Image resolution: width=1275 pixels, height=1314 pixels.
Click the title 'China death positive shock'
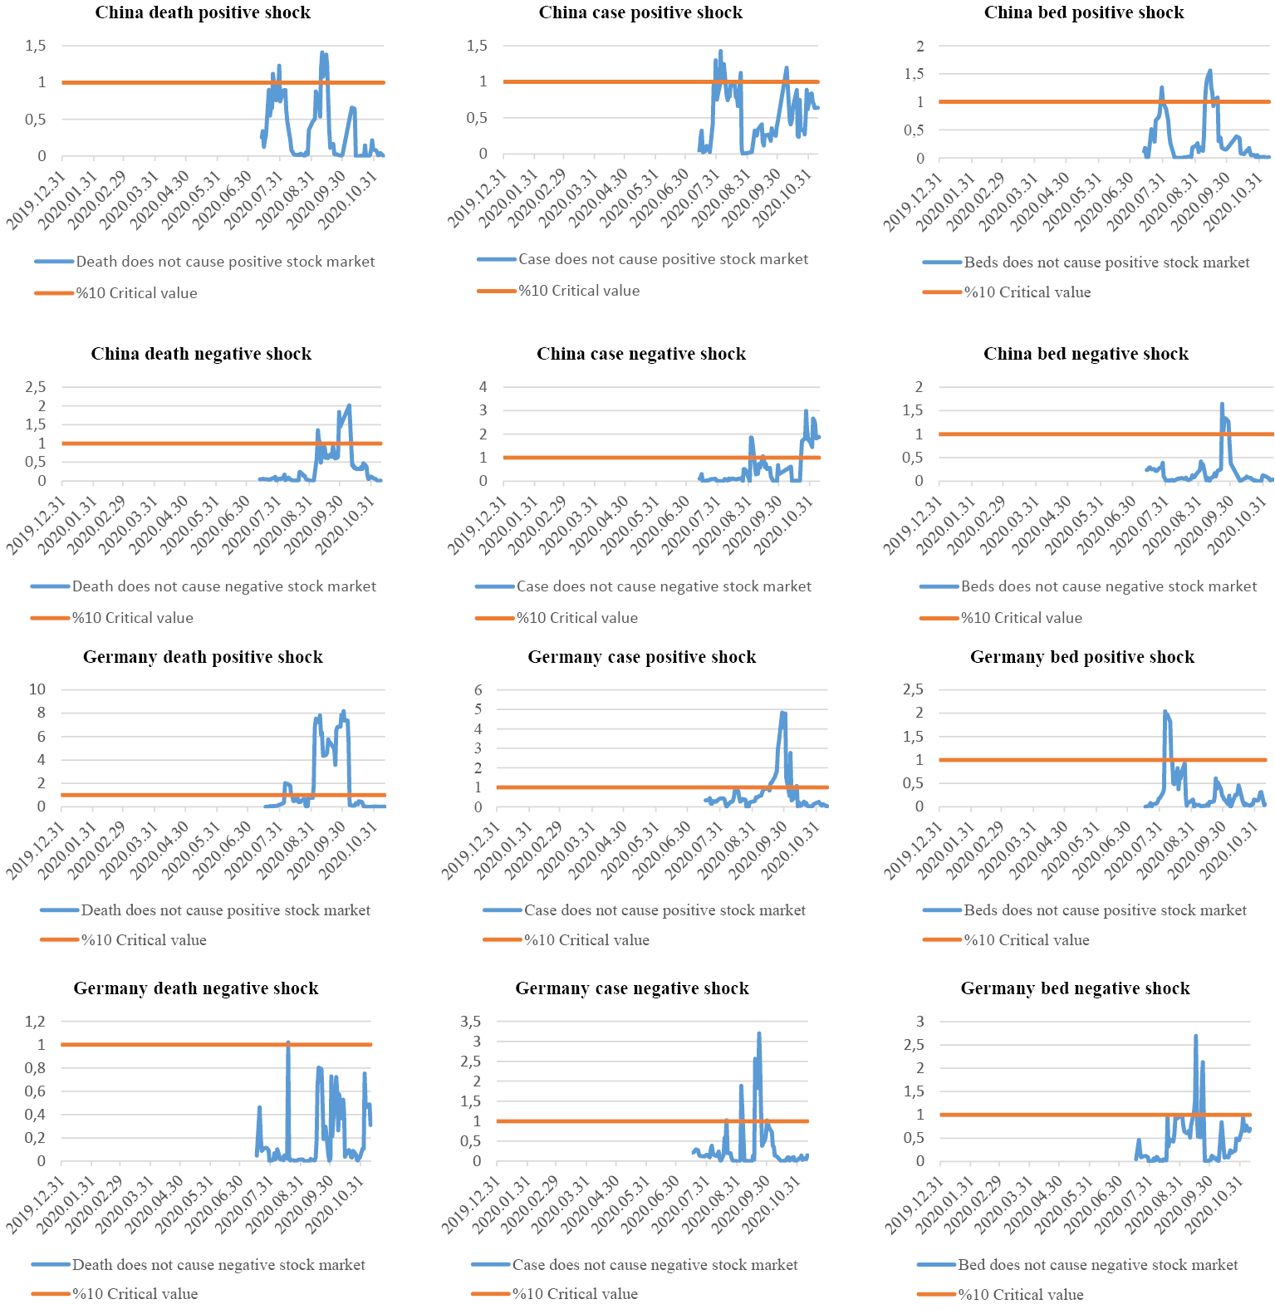pos(203,12)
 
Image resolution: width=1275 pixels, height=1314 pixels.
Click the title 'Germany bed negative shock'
pos(1075,988)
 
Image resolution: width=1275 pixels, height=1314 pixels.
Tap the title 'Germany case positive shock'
pos(641,657)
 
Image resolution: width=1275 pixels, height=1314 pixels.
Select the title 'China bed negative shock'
pos(1085,354)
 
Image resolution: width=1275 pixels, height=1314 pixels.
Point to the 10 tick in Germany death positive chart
pos(37,689)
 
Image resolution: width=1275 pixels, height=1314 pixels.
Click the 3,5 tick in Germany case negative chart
pos(471,1022)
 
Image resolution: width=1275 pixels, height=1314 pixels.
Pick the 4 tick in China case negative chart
pos(483,386)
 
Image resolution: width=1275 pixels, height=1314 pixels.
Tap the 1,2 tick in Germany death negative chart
pos(35,1022)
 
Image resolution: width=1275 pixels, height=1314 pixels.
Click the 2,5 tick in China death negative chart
pos(35,386)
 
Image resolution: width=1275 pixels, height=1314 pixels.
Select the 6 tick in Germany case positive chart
pos(478,689)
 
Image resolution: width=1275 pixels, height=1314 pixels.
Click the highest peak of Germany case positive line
pos(782,713)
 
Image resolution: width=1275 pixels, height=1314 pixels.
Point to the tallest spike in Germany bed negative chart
pos(1195,1037)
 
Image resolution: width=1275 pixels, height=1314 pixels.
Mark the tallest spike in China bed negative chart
pos(1222,404)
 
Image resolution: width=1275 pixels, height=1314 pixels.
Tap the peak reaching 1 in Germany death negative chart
pos(287,1043)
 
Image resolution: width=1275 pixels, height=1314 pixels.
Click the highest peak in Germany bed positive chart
pos(1165,712)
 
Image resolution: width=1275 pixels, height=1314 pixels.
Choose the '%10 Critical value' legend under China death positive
pos(136,293)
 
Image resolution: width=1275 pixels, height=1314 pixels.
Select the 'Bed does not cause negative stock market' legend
pos(1097,1265)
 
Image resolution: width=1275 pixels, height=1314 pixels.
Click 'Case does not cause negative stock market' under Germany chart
pos(655,1265)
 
